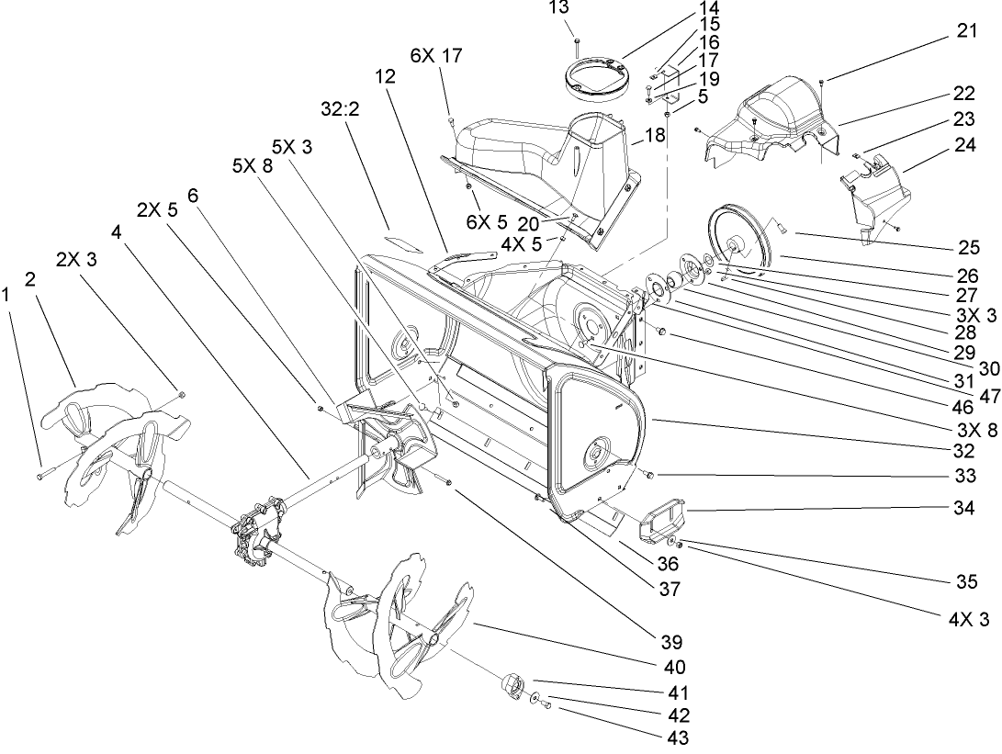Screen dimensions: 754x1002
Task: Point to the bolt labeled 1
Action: click(x=46, y=476)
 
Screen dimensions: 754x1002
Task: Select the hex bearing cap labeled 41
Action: click(x=513, y=685)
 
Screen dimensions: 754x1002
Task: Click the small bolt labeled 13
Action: click(x=575, y=41)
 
